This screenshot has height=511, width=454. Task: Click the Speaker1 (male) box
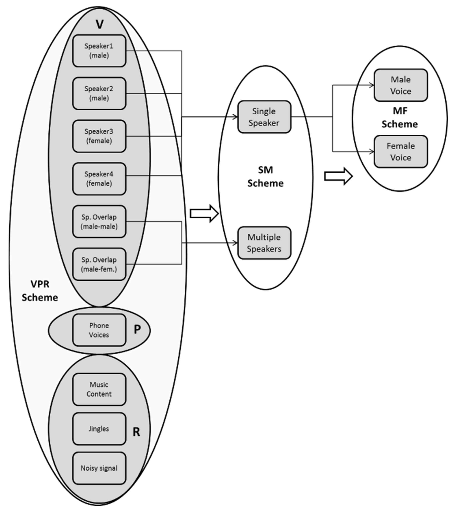click(99, 51)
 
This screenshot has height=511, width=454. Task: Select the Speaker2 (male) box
click(99, 93)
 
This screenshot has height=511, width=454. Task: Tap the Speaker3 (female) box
click(99, 136)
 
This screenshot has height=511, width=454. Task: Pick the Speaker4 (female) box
click(99, 179)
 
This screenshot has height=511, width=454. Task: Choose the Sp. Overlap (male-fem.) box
click(99, 264)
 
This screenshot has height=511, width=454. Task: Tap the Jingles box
click(99, 429)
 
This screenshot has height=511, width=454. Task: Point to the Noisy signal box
click(99, 468)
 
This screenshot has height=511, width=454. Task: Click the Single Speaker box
click(264, 117)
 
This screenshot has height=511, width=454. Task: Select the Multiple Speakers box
click(264, 243)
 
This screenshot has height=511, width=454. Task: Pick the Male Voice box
click(401, 85)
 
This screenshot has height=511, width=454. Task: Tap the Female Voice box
click(401, 151)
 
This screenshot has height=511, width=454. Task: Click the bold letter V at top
click(100, 24)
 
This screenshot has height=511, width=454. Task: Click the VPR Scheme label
click(40, 291)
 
